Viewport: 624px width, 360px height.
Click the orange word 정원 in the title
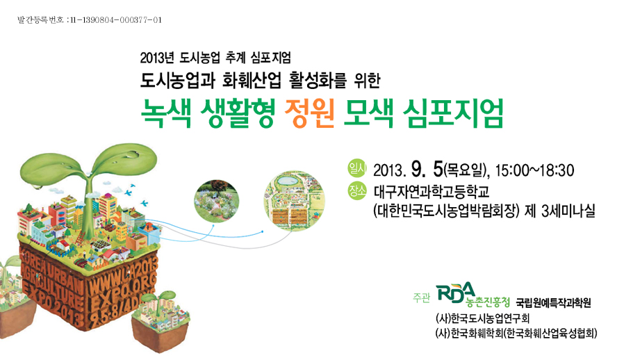(309, 113)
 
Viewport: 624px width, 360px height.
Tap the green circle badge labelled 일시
(357, 168)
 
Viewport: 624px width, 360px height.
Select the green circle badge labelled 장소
(357, 190)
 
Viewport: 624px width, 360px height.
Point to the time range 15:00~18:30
(534, 170)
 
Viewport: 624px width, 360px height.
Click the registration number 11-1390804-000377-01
(116, 20)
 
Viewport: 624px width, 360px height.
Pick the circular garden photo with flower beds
(217, 201)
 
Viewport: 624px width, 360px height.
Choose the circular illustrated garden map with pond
(294, 201)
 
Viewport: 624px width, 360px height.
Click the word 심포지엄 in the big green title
(453, 113)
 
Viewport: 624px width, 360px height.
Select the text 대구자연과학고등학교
(432, 192)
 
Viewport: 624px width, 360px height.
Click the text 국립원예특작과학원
(554, 302)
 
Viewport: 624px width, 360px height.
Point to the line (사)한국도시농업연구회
(483, 318)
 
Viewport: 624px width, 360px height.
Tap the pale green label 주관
(421, 297)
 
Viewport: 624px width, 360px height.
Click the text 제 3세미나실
(560, 211)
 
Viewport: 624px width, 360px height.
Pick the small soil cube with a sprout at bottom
(161, 322)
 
